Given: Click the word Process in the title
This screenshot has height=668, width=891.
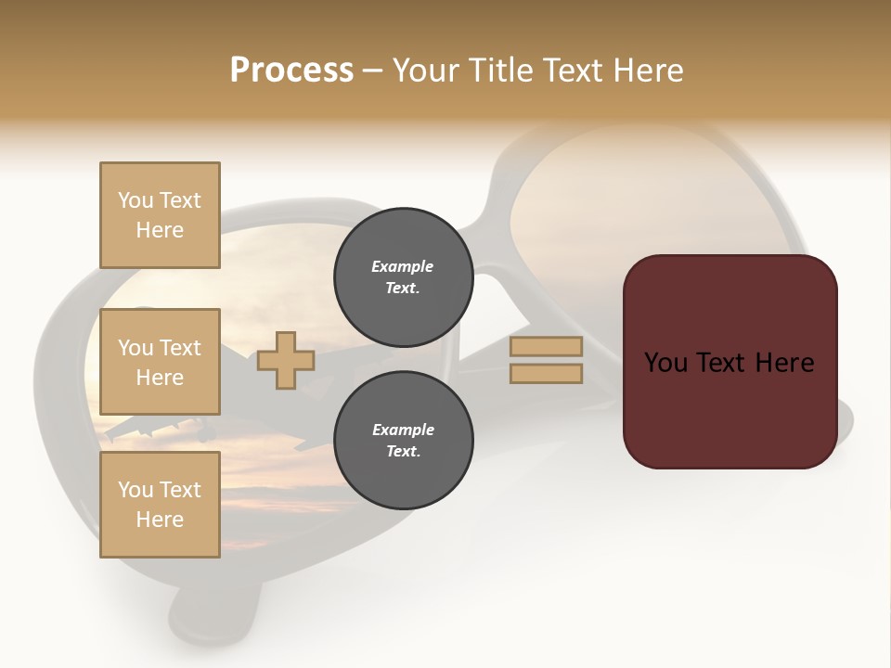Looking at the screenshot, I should pyautogui.click(x=291, y=71).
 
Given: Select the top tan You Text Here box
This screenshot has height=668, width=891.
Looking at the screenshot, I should pyautogui.click(x=160, y=215).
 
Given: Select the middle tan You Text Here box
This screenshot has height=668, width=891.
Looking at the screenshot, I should pyautogui.click(x=160, y=362).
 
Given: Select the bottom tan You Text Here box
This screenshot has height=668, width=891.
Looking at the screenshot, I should pyautogui.click(x=160, y=505).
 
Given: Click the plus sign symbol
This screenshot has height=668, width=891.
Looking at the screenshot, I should pyautogui.click(x=286, y=360).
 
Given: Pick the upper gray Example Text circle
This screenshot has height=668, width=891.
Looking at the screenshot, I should pyautogui.click(x=403, y=277).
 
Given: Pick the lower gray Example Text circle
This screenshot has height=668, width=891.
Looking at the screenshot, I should pyautogui.click(x=403, y=441).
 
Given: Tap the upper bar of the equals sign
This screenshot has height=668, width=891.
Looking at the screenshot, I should pyautogui.click(x=546, y=347).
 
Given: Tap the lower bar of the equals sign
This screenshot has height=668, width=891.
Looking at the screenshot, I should pyautogui.click(x=546, y=374).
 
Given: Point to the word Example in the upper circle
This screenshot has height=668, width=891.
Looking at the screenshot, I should pyautogui.click(x=403, y=267).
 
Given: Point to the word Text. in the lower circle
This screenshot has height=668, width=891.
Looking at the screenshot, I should pyautogui.click(x=403, y=452).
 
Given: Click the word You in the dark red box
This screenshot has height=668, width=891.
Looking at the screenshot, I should pyautogui.click(x=666, y=363).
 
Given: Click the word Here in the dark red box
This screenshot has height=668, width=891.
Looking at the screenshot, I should pyautogui.click(x=784, y=363).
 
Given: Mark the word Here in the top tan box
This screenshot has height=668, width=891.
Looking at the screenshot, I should pyautogui.click(x=160, y=230).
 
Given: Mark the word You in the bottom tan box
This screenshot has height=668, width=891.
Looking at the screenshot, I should pyautogui.click(x=135, y=490).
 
